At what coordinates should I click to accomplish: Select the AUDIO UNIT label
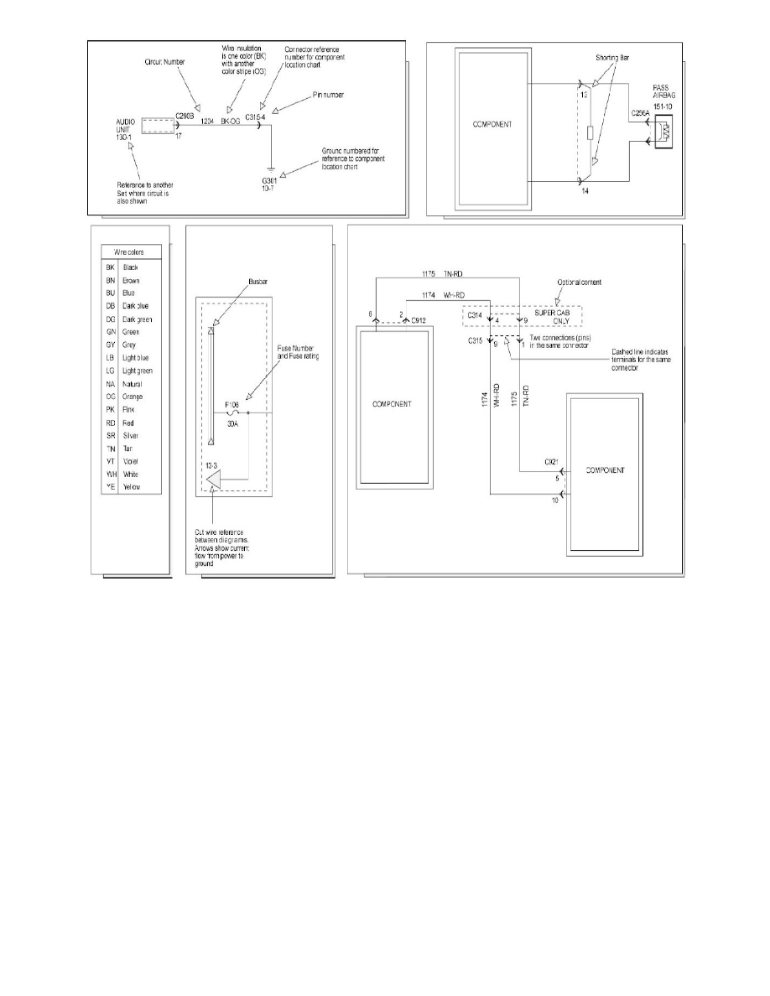coord(124,127)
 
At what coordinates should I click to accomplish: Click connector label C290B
coord(185,116)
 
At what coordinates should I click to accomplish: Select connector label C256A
coord(641,111)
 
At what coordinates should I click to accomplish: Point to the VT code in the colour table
coord(110,460)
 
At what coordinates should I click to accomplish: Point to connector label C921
coord(550,462)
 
